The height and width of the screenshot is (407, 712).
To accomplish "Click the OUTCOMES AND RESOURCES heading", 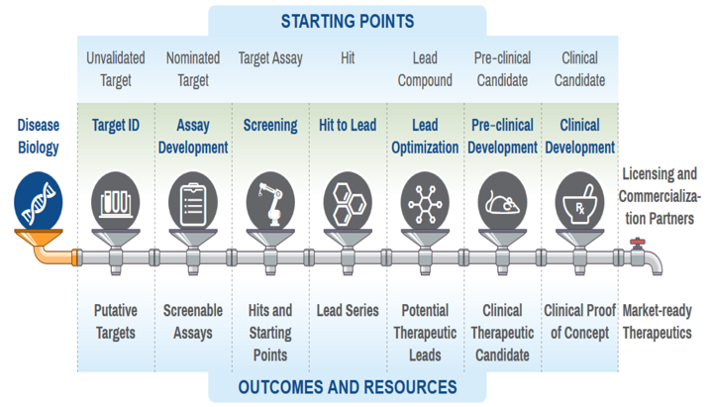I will coord(348,387).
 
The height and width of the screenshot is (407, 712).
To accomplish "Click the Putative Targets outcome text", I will coord(116,322).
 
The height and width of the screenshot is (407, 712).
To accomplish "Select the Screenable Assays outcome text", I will coord(193,322).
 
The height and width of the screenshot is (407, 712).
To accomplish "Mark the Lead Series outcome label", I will coord(348,311).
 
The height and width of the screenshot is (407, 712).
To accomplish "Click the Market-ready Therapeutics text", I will coord(657,322).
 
